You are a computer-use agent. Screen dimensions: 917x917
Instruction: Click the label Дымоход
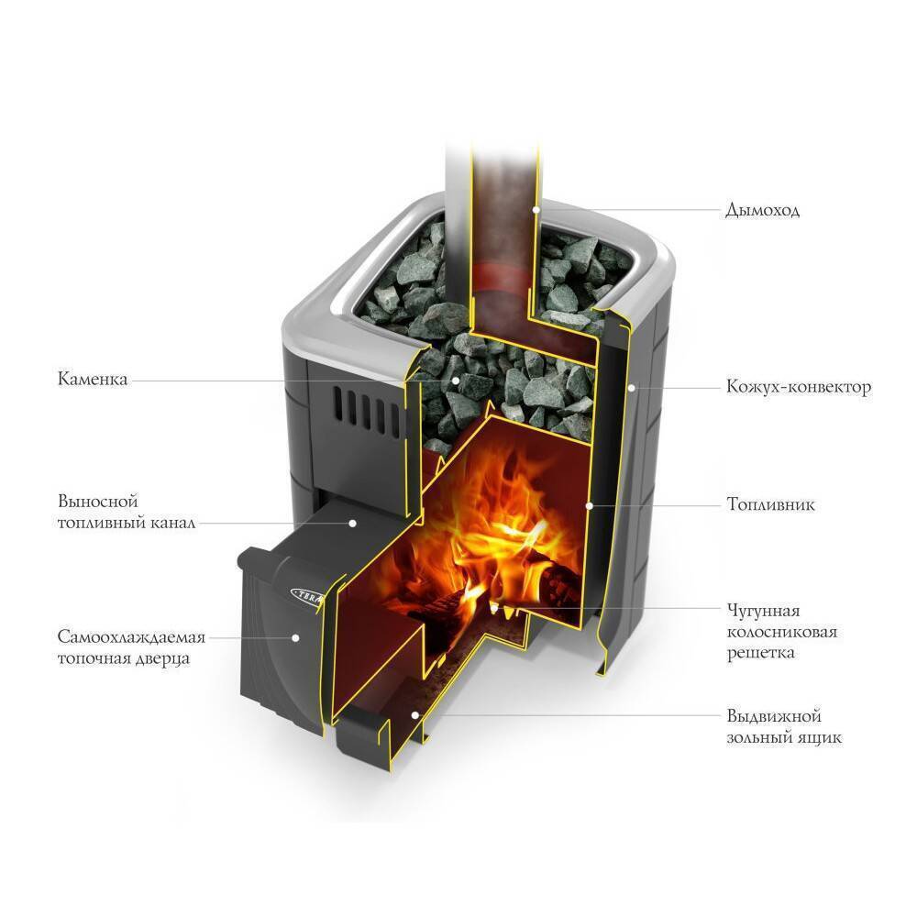[762, 210]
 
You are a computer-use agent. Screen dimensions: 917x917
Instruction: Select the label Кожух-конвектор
[798, 387]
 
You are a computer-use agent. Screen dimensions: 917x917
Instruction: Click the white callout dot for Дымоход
[536, 209]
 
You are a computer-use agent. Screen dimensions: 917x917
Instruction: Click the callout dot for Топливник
[589, 504]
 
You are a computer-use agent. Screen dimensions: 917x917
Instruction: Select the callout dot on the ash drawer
[415, 715]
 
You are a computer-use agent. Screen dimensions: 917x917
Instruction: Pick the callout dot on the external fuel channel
[352, 523]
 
